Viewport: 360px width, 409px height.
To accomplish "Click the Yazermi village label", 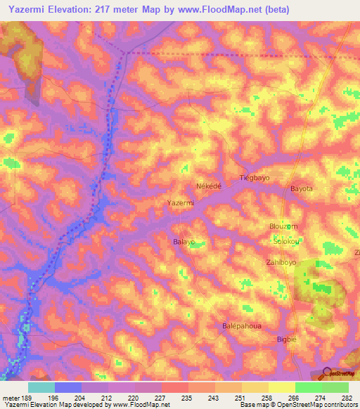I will (181, 203).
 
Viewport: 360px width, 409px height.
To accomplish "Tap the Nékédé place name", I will (208, 186).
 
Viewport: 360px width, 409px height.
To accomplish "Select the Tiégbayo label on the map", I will (255, 178).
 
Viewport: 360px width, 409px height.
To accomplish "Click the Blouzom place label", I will (283, 226).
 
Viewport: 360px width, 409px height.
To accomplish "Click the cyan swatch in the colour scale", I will (41, 387).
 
